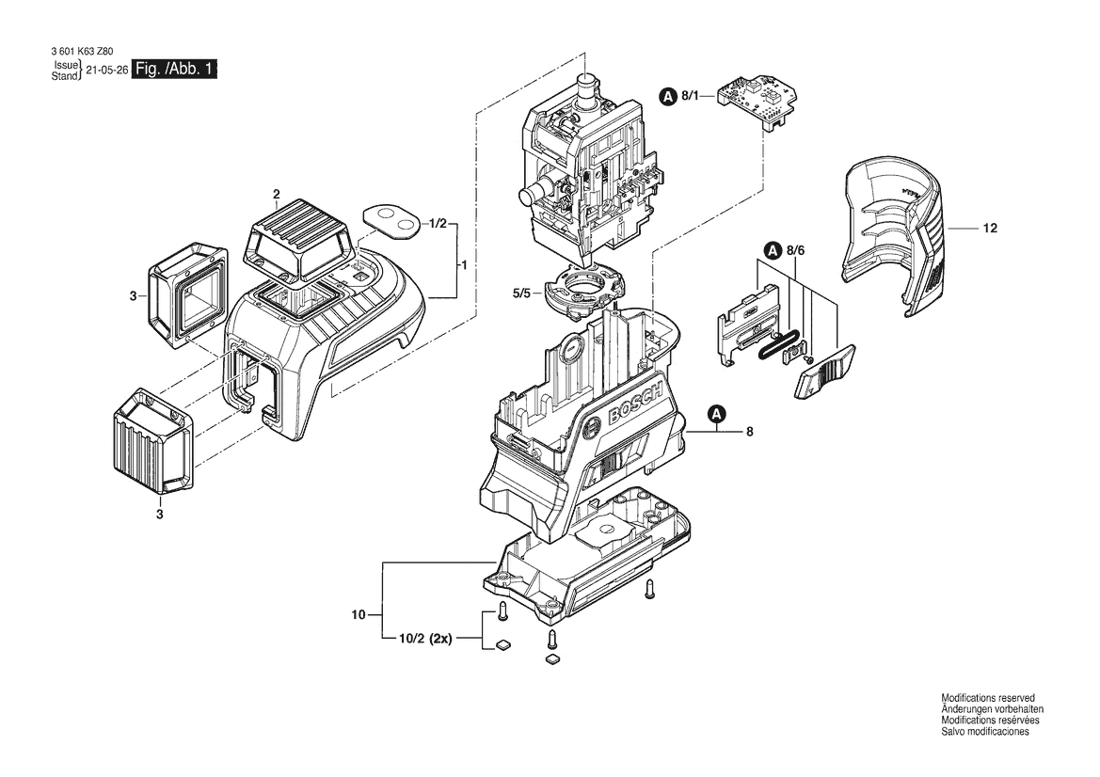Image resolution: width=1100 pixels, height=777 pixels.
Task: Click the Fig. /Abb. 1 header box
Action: click(175, 70)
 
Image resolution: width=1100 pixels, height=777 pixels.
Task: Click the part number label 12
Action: click(990, 228)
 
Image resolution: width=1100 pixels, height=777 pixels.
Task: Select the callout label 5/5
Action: click(522, 293)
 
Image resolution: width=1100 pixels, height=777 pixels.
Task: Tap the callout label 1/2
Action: click(438, 224)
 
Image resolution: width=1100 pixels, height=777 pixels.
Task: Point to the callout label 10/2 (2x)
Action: click(426, 640)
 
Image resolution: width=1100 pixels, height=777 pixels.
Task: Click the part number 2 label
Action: click(277, 194)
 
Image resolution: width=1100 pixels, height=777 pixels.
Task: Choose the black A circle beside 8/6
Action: click(773, 249)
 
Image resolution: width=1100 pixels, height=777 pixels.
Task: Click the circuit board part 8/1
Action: click(760, 102)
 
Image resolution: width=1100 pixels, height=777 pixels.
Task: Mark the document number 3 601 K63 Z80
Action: click(81, 51)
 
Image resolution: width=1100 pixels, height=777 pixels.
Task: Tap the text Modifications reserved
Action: click(987, 699)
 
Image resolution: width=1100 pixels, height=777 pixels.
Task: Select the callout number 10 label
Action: click(359, 616)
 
